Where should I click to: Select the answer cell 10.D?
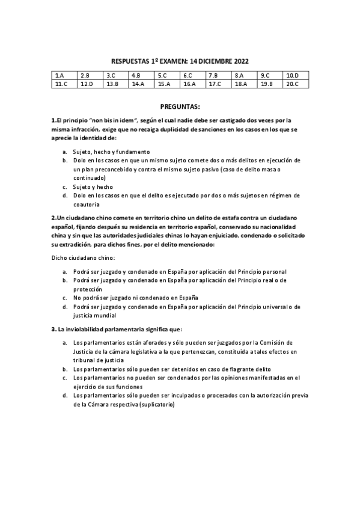(x=296, y=75)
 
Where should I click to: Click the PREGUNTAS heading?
(x=180, y=106)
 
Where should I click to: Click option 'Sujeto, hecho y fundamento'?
(x=111, y=152)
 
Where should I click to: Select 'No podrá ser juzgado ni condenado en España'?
(x=135, y=298)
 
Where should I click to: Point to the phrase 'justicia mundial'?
(x=95, y=315)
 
